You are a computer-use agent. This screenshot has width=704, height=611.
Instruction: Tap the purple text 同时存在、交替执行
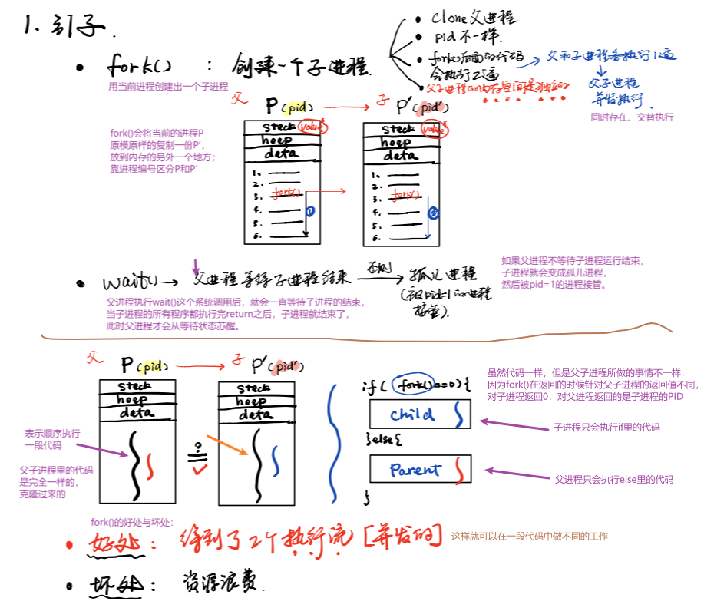tap(631, 117)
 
